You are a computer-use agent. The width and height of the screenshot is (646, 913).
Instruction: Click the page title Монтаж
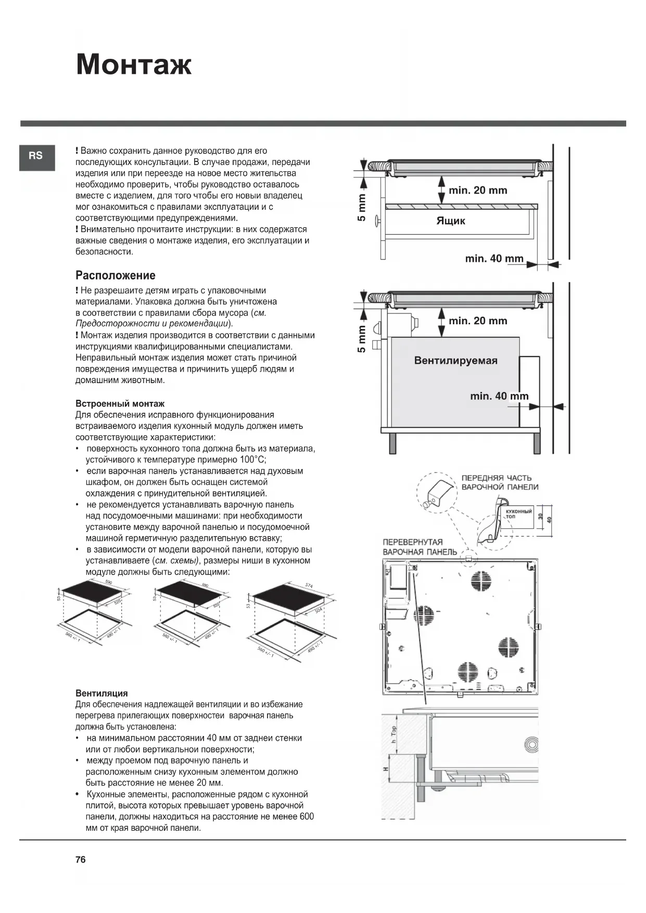click(x=134, y=65)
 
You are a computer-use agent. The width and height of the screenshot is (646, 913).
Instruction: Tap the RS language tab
click(x=36, y=156)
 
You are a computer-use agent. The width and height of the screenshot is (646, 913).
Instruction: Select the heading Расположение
click(x=115, y=275)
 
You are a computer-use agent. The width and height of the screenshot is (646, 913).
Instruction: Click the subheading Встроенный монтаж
click(x=120, y=403)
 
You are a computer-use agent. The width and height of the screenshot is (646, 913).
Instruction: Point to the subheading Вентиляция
click(x=102, y=693)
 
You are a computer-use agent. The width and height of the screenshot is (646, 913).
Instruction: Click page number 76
click(x=80, y=859)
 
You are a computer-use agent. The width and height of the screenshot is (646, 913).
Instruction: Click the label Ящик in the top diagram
click(x=450, y=221)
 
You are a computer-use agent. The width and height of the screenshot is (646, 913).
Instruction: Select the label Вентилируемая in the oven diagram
click(x=455, y=360)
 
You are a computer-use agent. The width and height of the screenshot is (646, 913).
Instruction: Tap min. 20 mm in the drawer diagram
click(x=477, y=191)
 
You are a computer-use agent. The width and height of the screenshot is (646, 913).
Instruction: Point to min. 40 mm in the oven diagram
click(x=499, y=396)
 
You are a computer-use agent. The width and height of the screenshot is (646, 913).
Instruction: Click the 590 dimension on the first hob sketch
click(x=109, y=582)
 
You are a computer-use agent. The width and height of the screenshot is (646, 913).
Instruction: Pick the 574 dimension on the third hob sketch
click(x=309, y=586)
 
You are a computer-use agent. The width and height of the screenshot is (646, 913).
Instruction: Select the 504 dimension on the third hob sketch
click(x=319, y=610)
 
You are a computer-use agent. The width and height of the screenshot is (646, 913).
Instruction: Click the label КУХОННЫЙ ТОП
click(x=518, y=514)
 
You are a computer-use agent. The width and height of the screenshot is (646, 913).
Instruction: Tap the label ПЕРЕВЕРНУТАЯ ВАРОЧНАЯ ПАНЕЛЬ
click(x=420, y=547)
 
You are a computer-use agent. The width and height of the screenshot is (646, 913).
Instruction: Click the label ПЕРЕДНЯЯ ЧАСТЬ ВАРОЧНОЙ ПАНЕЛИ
click(x=499, y=483)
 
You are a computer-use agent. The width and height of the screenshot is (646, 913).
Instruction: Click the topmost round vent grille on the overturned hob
click(x=481, y=580)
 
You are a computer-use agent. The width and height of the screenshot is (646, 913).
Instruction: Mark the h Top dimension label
click(x=394, y=734)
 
